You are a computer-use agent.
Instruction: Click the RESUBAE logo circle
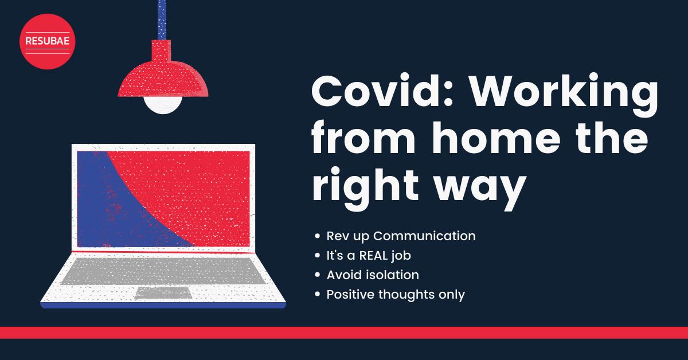tap(47, 41)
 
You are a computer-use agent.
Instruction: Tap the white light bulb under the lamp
tap(163, 105)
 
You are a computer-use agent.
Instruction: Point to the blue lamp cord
tap(162, 19)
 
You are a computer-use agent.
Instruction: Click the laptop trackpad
tap(163, 292)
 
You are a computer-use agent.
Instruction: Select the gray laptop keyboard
tap(163, 271)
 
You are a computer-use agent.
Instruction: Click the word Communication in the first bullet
tap(424, 236)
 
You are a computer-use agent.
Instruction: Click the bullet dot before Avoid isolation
tap(318, 275)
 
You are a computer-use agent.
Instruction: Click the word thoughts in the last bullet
tap(406, 295)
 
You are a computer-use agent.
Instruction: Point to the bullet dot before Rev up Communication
tap(318, 236)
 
